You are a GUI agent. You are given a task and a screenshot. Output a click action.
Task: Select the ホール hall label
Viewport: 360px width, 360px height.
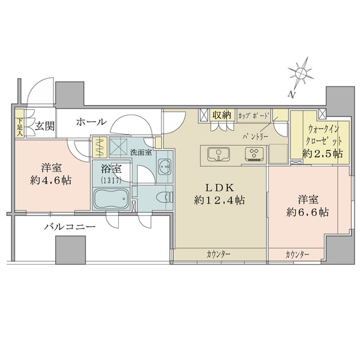click(91, 122)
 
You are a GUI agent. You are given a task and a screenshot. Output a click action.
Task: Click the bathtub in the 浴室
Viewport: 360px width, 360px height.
click(112, 199)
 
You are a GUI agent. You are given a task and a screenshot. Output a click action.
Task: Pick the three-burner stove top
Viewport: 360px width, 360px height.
click(256, 154)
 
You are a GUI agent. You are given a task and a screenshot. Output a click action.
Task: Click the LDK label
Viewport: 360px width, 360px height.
click(220, 185)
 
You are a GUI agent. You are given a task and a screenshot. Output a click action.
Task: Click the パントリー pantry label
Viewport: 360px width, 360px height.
click(255, 137)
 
